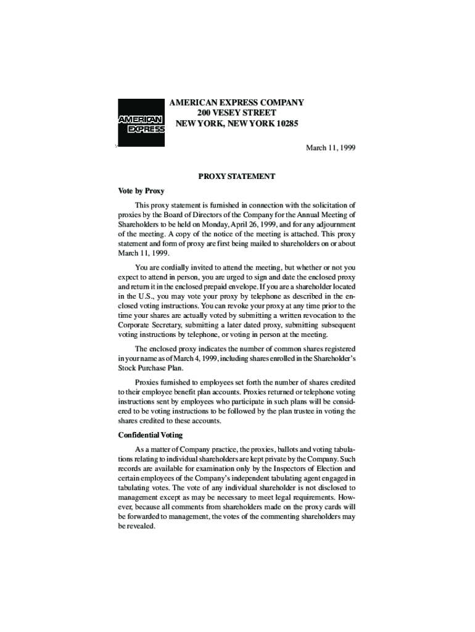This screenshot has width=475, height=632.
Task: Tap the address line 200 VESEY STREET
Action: [236, 113]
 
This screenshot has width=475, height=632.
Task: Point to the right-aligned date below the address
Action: [331, 148]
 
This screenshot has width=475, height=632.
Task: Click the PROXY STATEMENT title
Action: [236, 177]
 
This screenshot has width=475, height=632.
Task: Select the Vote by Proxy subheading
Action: [141, 191]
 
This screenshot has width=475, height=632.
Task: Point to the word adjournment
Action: [332, 224]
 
